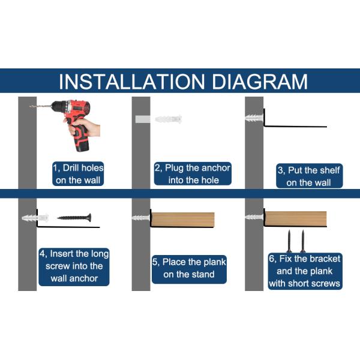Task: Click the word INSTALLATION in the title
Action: point(131,82)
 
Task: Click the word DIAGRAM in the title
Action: point(260,82)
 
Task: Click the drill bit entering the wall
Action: point(41,106)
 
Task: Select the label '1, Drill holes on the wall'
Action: point(78,174)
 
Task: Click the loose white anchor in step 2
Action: point(168,119)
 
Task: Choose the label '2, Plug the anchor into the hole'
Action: point(193,174)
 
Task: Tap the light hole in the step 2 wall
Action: point(143,119)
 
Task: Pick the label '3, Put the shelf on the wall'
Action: point(309,176)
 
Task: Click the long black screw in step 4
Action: point(74,217)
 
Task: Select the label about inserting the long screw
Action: point(74,267)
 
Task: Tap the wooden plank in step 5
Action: point(183,219)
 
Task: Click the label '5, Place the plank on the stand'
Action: point(189,269)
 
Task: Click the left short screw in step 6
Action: point(289,241)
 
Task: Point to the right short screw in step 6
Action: point(303,241)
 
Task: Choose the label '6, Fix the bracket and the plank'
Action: point(305,271)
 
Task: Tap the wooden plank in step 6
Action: point(296,218)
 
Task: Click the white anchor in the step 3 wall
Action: point(254,118)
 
